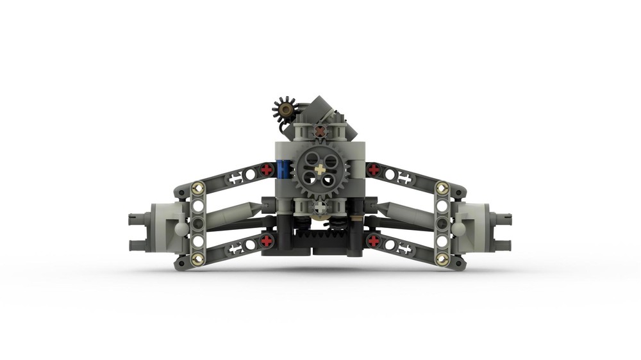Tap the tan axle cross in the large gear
(x=319, y=170)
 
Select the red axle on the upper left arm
(x=267, y=170)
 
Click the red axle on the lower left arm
(x=267, y=241)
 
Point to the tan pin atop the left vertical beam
(x=197, y=188)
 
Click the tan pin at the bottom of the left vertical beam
(x=197, y=259)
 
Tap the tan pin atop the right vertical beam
(x=441, y=187)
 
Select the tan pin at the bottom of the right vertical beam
(x=441, y=259)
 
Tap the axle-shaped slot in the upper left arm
(x=235, y=179)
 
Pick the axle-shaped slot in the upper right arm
(x=405, y=178)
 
